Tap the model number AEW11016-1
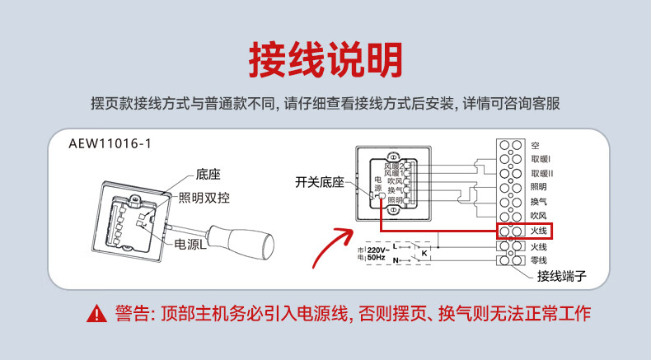tap(110, 143)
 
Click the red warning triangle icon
tap(100, 314)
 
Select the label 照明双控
tap(206, 198)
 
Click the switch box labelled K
tap(424, 254)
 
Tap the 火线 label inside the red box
tap(539, 231)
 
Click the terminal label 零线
tap(539, 260)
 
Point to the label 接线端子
tap(561, 277)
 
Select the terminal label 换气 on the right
tap(539, 202)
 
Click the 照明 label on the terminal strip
tap(539, 188)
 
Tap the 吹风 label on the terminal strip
tap(539, 217)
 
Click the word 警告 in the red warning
tap(132, 314)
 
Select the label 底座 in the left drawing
tap(208, 175)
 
